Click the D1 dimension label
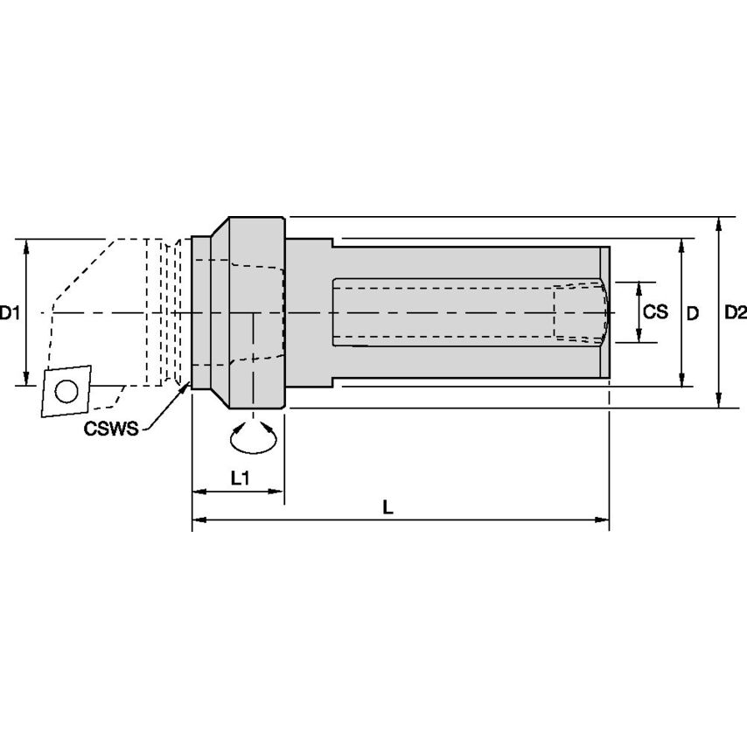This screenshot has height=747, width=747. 10,312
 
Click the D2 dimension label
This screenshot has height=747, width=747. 736,312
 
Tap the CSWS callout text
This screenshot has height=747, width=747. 111,428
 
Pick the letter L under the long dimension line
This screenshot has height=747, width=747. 388,506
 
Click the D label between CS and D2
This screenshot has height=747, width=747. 692,312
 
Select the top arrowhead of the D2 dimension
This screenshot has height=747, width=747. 717,222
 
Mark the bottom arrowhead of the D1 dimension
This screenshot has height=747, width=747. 28,378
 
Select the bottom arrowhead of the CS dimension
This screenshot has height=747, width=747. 640,338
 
